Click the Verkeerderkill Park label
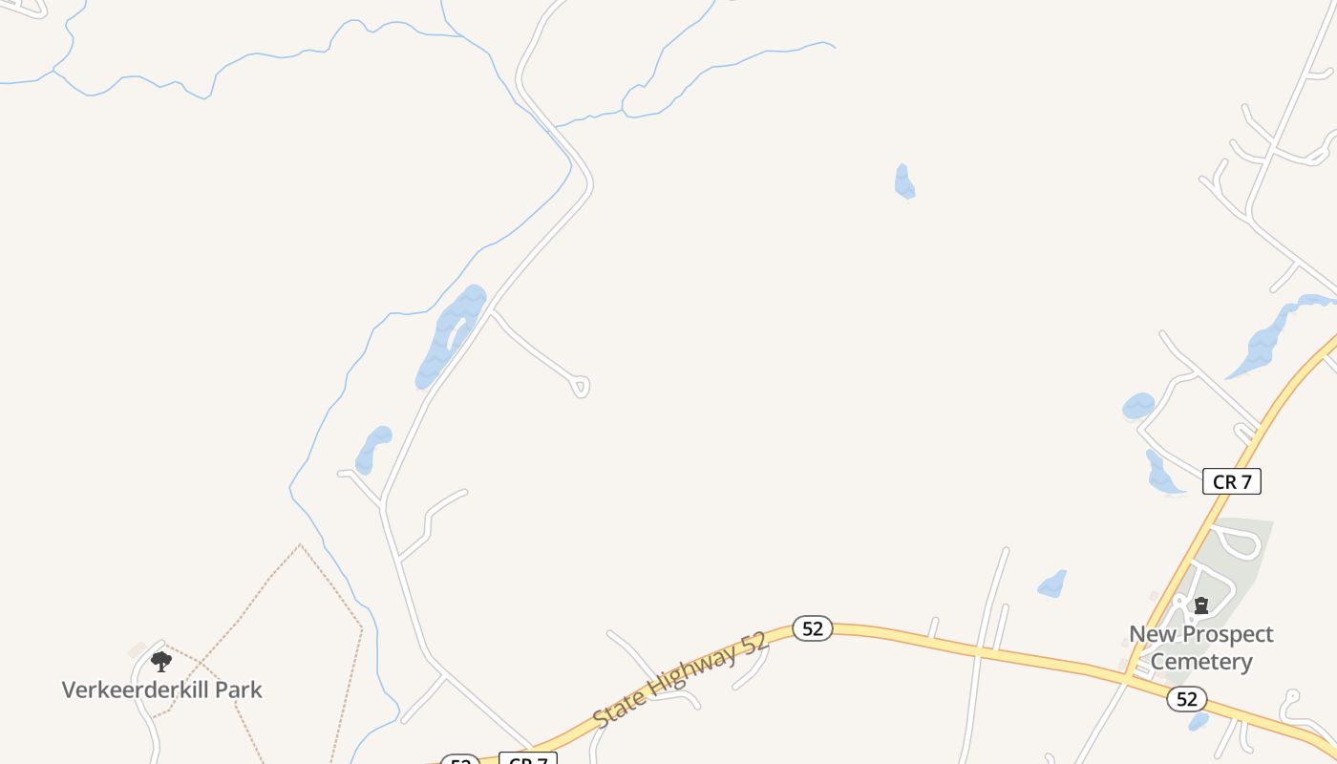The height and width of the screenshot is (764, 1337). click(x=161, y=690)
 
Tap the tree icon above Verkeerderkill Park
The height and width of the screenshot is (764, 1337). click(x=161, y=661)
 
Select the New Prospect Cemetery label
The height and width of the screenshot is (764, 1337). click(x=1201, y=647)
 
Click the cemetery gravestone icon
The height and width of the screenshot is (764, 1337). click(x=1201, y=605)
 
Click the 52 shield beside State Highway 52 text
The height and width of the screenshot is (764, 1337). click(x=813, y=628)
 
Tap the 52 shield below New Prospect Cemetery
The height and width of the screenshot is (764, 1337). click(x=1186, y=699)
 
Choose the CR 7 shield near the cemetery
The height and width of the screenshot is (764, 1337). click(x=1231, y=482)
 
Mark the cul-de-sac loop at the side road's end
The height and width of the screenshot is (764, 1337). click(x=581, y=386)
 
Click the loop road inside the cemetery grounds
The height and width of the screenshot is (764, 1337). click(x=1238, y=542)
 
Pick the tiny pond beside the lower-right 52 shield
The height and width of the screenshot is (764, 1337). click(x=1199, y=722)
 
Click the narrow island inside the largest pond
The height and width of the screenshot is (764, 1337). click(x=457, y=334)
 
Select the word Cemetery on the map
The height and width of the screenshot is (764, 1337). click(x=1201, y=661)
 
